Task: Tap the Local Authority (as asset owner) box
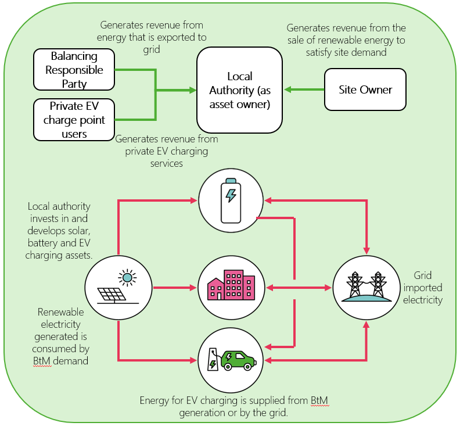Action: (239, 90)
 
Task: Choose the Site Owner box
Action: (365, 90)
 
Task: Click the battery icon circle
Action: (231, 200)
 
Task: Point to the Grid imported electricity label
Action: (427, 288)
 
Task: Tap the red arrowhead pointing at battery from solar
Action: (194, 200)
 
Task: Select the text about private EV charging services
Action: (166, 151)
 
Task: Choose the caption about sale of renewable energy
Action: (346, 40)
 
